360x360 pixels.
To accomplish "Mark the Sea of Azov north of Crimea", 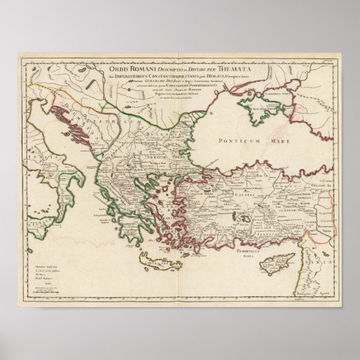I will pos(285,92).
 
